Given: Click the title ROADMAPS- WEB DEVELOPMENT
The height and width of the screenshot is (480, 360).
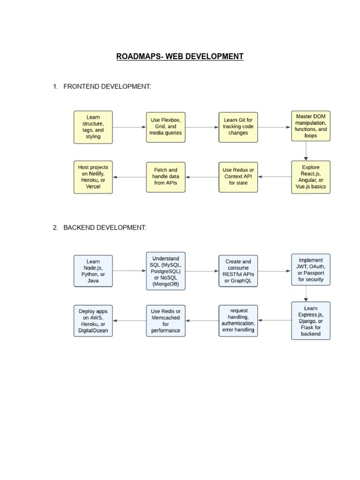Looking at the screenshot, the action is [180, 57].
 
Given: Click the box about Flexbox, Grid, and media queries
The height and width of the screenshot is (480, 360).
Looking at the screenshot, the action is [165, 127].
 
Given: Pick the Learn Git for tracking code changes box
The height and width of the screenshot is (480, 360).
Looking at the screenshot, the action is [238, 127].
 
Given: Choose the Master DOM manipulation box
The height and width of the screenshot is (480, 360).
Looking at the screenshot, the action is [311, 126].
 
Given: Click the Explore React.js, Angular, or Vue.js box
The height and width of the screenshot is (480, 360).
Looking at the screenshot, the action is [311, 177].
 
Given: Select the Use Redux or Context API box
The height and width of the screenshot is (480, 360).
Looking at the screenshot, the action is [238, 177].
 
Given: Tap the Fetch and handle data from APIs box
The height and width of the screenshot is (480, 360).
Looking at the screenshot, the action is [165, 177].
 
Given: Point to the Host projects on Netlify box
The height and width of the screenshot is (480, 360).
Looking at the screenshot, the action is [93, 177].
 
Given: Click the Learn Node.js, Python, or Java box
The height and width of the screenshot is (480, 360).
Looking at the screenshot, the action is [93, 271].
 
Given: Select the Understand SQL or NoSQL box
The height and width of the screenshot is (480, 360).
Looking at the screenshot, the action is [165, 271].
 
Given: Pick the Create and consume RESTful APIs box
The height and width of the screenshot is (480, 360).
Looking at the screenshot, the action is [238, 271].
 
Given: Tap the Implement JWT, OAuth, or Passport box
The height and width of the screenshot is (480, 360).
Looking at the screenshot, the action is [311, 270].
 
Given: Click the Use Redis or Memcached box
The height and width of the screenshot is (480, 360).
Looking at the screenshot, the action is [165, 321].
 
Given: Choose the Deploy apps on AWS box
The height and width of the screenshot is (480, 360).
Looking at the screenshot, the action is [93, 321].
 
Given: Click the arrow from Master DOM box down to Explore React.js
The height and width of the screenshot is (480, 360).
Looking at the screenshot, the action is [306, 151].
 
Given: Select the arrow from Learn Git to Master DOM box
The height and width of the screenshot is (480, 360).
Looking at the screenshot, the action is [274, 127].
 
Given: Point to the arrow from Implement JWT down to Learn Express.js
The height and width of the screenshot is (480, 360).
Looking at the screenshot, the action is [306, 293].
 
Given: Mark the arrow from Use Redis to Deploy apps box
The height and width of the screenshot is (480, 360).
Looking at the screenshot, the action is [129, 321].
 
